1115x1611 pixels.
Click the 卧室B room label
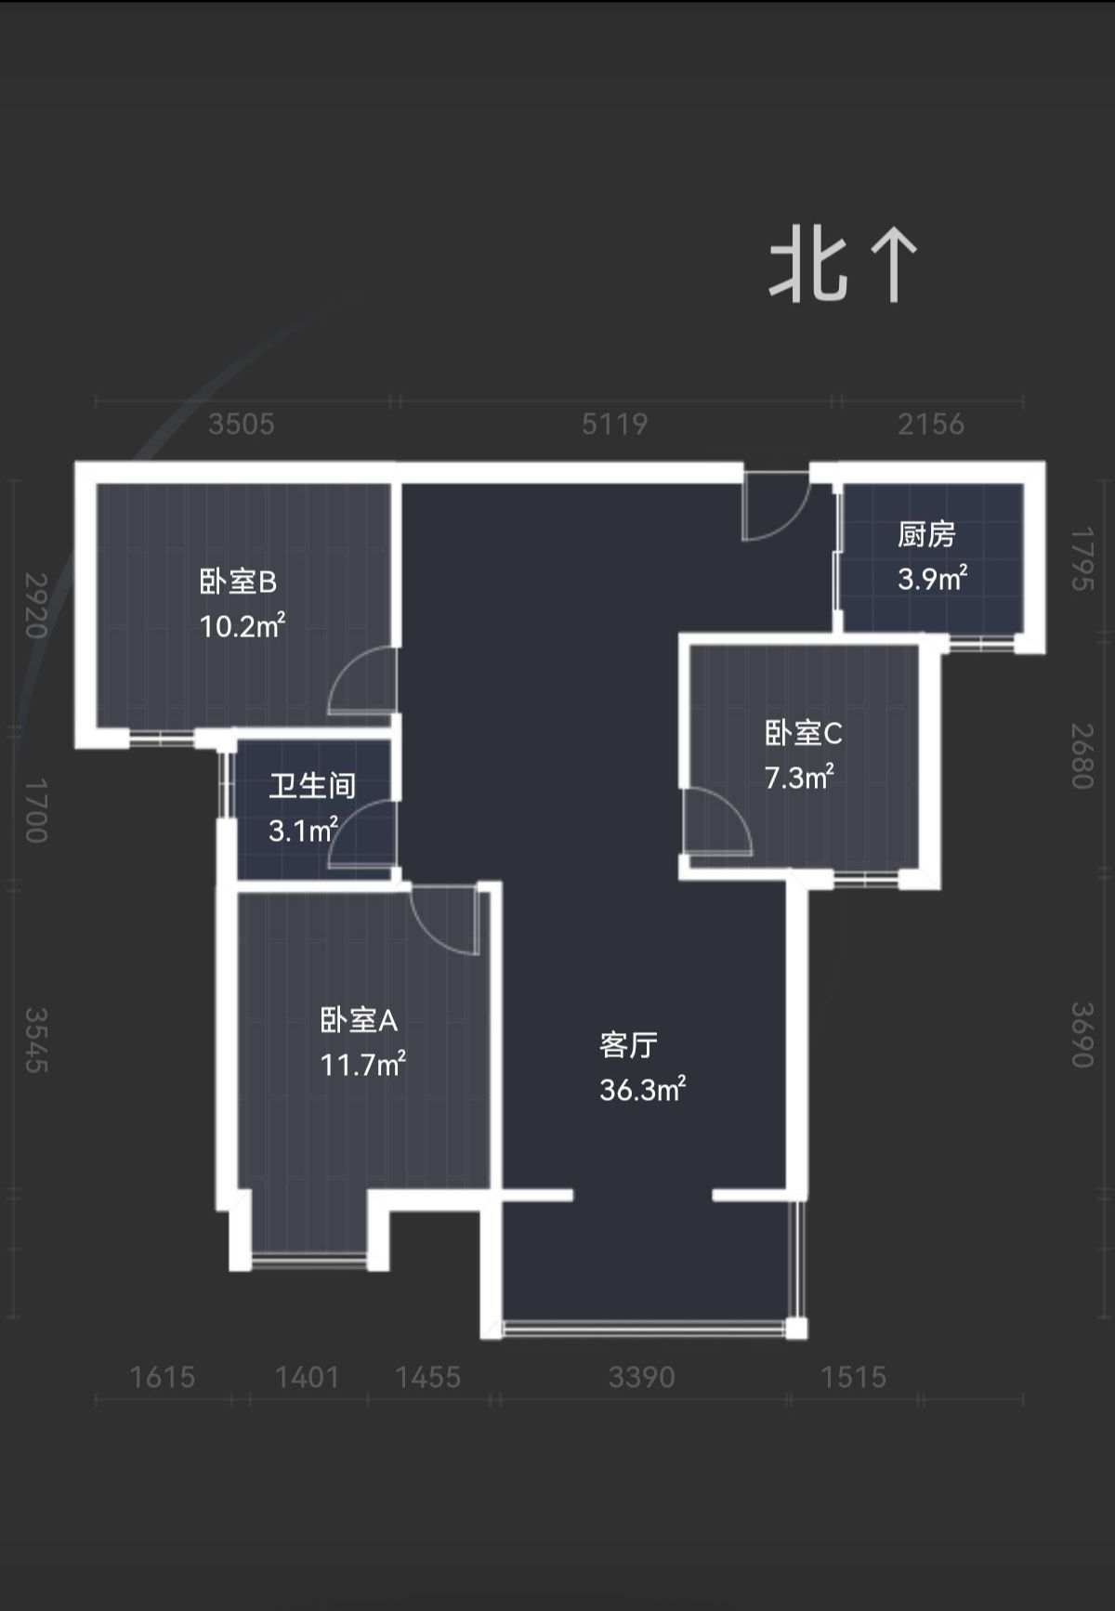click(x=238, y=582)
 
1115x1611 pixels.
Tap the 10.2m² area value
click(x=243, y=624)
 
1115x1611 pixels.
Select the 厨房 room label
click(x=926, y=534)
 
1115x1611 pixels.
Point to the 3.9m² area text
click(x=932, y=578)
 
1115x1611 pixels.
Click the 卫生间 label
click(x=312, y=786)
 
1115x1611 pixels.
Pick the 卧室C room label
click(x=803, y=733)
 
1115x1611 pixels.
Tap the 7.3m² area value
click(x=799, y=777)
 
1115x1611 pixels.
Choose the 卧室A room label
click(x=359, y=1020)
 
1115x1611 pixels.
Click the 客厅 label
click(x=628, y=1045)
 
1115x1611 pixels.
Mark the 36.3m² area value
click(x=642, y=1089)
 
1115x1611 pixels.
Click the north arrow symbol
click(x=895, y=266)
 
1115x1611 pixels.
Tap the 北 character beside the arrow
click(x=808, y=266)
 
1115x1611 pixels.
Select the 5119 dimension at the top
click(x=614, y=425)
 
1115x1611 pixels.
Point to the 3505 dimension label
click(x=242, y=425)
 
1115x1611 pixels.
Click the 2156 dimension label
click(x=931, y=425)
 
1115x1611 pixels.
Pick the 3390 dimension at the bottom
click(x=641, y=1377)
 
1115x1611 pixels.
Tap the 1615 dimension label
click(x=162, y=1377)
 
